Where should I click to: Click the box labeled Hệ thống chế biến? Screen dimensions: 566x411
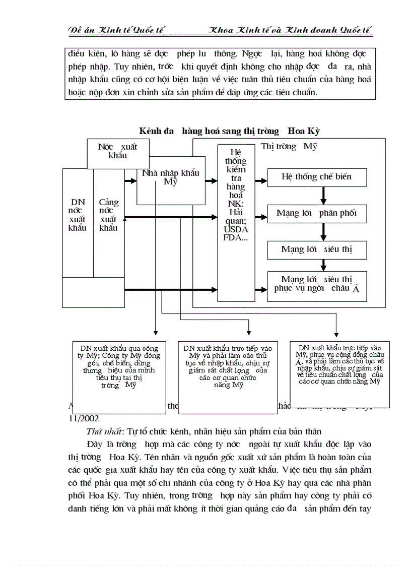point(317,177)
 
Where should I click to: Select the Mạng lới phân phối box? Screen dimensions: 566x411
point(317,213)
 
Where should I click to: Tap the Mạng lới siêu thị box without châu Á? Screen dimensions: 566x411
point(317,249)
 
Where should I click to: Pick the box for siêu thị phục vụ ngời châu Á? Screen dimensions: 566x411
point(317,284)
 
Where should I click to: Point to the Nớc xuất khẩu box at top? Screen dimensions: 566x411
point(117,151)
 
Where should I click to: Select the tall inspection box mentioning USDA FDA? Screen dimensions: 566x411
point(236,222)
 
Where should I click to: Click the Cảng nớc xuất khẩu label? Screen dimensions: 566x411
point(108,215)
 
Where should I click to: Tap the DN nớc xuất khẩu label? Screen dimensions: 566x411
point(78,215)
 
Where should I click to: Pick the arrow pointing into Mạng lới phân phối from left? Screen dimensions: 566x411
point(261,217)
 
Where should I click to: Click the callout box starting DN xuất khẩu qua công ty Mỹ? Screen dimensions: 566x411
point(119,366)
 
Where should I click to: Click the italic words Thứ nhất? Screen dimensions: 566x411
point(102,431)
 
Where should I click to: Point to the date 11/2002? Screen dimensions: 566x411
point(84,418)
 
